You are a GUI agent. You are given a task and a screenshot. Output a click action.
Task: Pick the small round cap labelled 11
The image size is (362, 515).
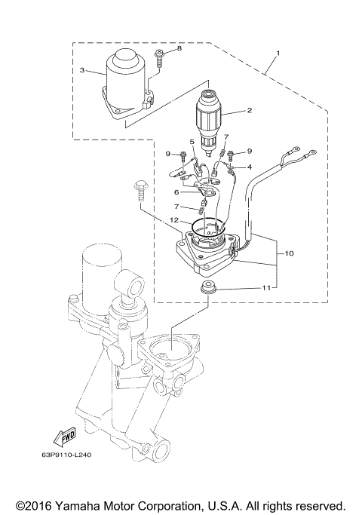[207, 288]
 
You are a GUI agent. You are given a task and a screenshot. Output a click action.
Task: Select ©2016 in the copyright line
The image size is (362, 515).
[35, 504]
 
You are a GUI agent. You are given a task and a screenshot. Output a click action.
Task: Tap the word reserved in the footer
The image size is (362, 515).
[319, 504]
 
